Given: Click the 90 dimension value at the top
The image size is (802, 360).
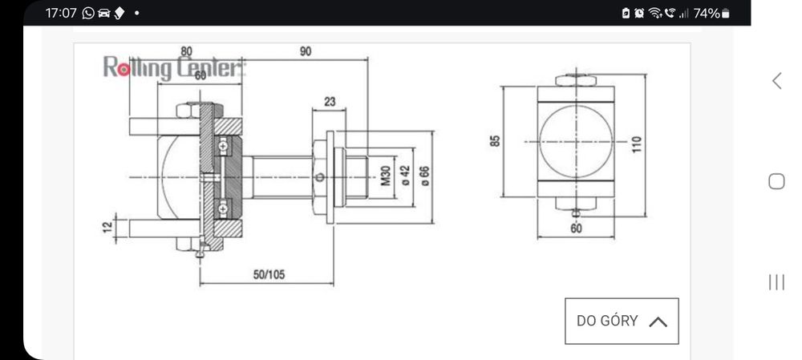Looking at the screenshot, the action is [306, 51].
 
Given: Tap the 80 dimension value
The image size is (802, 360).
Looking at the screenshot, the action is [187, 51].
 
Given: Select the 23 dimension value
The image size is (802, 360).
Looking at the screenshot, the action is [330, 102].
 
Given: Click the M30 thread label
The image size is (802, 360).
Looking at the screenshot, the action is [386, 176].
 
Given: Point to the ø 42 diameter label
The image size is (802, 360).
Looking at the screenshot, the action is [405, 175].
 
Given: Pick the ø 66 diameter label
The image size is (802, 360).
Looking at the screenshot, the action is [424, 176].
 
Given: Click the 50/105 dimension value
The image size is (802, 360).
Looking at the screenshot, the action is [269, 274].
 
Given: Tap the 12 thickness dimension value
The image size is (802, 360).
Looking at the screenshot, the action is [108, 227].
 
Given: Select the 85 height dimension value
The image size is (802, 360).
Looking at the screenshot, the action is [495, 141].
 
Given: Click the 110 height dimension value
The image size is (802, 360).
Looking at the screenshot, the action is [636, 145].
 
